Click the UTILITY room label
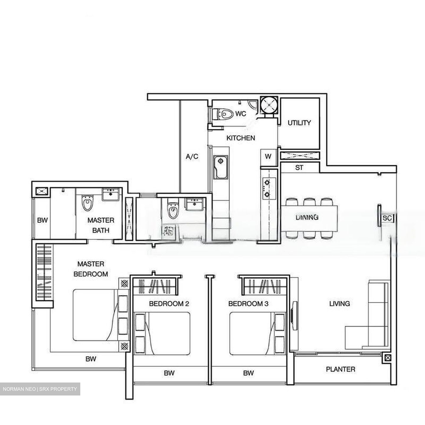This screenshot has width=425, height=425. pos(299,123)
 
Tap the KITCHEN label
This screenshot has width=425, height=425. pos(241,138)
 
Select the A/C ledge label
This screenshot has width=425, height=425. pos(192,156)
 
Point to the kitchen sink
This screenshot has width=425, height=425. pos(220,167)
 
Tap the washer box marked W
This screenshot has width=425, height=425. pos(268,156)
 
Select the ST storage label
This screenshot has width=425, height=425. pos(299,168)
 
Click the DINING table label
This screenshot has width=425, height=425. pos(307,217)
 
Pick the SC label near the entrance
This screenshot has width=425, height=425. pos(387,218)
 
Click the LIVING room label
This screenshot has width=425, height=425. pos(339,303)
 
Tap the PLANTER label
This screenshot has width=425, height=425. pos(340,369)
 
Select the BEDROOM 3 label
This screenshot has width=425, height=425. pos(248,303)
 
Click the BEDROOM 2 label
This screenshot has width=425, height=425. pos(169,303)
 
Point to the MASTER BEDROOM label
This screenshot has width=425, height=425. pos(91,269)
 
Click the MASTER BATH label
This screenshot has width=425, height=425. pos(101,225)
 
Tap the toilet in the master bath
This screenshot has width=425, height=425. pos(87,203)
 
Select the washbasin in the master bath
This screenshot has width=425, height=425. pos(110,195)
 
